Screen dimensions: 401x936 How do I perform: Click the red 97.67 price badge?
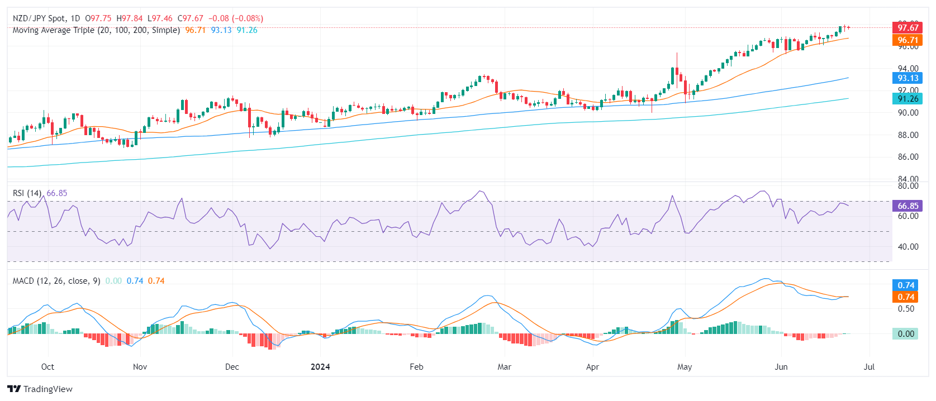[908, 27]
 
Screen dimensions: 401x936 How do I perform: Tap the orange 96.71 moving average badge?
[908, 40]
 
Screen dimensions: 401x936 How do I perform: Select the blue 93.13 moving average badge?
[908, 78]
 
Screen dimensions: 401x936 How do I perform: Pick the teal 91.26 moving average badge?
[908, 98]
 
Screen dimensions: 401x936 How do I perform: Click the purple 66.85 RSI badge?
[908, 206]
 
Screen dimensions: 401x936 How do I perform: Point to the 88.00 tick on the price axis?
[908, 135]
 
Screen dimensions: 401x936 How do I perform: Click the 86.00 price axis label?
[908, 157]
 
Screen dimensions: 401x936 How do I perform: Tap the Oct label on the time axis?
[47, 367]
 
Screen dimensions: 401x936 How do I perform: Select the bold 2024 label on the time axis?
[320, 367]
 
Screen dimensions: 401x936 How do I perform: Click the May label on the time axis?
[685, 367]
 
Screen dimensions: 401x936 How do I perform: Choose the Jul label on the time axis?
[869, 367]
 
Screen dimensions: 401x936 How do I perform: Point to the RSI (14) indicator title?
[27, 193]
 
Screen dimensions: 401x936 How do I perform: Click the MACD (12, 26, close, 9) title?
[56, 281]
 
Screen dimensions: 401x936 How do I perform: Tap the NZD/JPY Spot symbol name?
[39, 18]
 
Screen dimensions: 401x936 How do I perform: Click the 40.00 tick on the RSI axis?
[908, 246]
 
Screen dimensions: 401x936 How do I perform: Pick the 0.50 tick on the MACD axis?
[906, 308]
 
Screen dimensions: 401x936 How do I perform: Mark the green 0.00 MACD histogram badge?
[906, 334]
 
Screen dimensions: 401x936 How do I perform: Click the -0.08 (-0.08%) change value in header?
[236, 18]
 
